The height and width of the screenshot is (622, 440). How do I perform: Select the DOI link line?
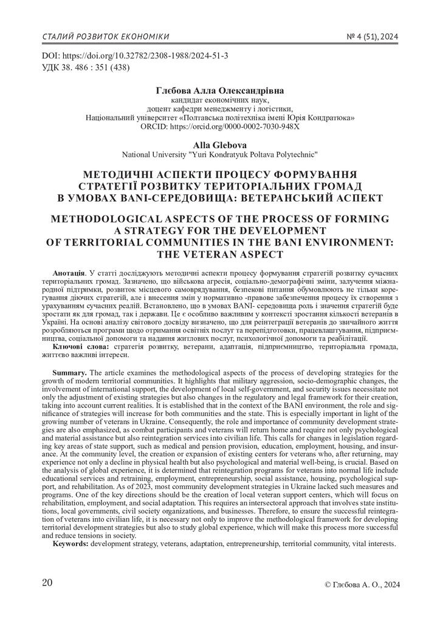pos(134,55)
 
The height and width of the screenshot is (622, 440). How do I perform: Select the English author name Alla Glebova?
pos(219,144)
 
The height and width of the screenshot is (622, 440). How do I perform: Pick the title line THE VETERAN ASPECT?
pos(219,253)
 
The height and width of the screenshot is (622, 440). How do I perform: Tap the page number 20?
pos(47,583)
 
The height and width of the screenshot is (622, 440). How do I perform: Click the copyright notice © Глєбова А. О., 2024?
pos(363,585)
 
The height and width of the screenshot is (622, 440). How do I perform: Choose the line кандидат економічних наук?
pos(219,100)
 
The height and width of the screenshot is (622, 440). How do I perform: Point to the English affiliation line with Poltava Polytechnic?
pos(219,154)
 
